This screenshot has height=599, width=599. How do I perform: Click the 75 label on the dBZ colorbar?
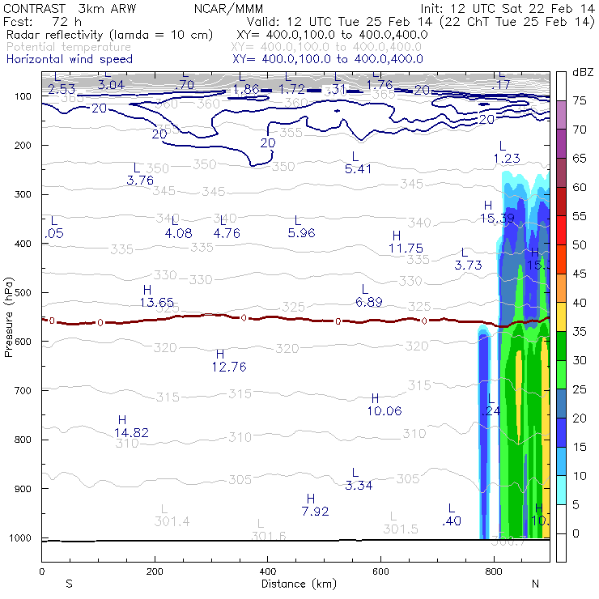(580, 101)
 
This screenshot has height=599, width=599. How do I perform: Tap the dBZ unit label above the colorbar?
(582, 73)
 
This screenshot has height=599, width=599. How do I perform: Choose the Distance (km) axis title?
(295, 584)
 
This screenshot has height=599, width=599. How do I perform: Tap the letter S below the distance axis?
(70, 584)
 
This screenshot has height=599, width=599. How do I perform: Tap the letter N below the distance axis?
(535, 584)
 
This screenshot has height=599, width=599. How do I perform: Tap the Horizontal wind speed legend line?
(69, 59)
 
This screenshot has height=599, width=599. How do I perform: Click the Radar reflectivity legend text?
(109, 35)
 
